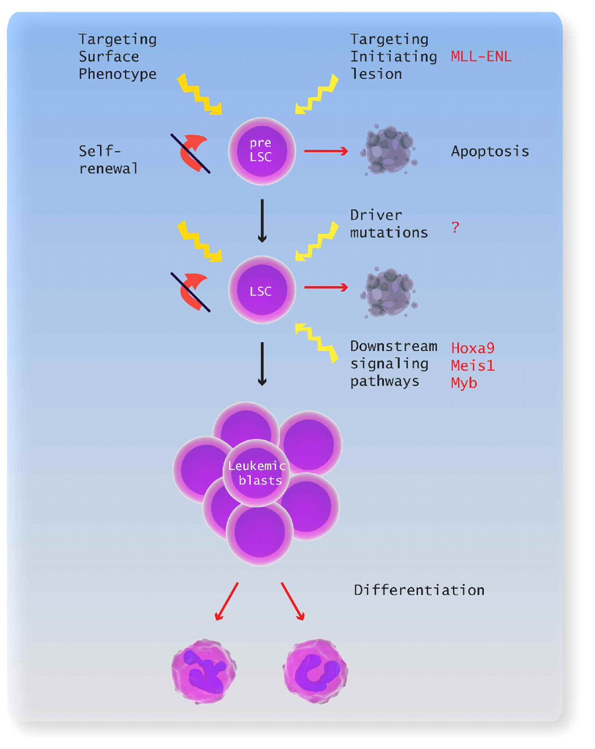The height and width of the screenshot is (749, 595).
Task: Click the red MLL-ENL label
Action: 481,57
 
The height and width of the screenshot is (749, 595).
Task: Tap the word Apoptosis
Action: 490,152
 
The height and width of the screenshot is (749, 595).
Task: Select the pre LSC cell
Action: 261,151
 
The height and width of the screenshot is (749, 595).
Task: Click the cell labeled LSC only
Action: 261,290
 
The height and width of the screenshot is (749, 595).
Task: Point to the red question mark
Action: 455,227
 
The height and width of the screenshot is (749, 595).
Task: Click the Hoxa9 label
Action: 472,348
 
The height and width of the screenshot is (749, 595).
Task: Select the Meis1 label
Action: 472,366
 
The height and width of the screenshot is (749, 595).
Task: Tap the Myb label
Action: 464,383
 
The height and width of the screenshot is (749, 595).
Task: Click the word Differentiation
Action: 419,590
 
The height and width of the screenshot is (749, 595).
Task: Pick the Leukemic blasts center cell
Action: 256,473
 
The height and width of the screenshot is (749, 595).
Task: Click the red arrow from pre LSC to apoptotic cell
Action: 326,151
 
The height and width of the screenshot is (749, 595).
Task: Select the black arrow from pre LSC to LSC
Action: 262,221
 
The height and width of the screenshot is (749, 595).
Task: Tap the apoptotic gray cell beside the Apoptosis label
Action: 388,150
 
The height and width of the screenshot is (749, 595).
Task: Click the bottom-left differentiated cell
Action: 203,671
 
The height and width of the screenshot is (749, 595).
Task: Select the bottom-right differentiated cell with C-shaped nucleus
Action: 316,671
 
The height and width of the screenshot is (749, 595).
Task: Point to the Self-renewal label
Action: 108,160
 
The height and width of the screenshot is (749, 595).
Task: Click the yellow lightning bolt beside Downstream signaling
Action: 317,342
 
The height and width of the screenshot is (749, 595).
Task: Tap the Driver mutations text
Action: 389,224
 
